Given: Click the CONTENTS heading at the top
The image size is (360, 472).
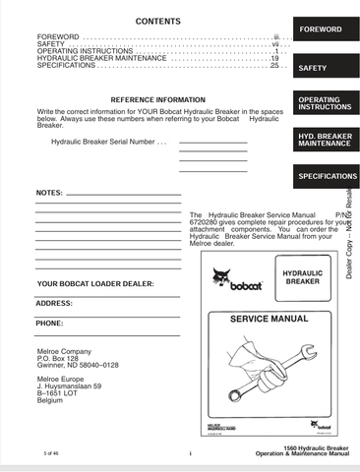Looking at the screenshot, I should [158, 21].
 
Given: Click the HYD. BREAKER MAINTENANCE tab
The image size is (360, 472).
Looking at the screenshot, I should [324, 139].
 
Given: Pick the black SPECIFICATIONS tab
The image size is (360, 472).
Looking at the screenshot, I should [327, 176].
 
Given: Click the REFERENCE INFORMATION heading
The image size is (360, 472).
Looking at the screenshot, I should [157, 100].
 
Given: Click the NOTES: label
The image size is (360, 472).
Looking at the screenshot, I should [48, 193].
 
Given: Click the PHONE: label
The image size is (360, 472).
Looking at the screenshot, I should [50, 323].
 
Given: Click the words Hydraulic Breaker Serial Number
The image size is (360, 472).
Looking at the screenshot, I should [100, 143].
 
